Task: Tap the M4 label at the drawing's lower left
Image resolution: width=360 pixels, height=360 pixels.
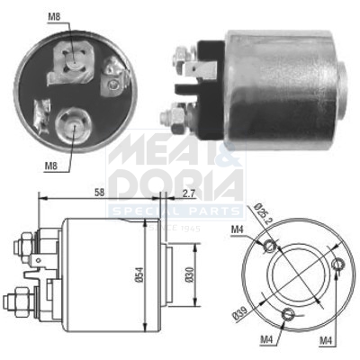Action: [268, 341]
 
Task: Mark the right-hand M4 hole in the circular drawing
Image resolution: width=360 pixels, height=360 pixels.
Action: [338, 264]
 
